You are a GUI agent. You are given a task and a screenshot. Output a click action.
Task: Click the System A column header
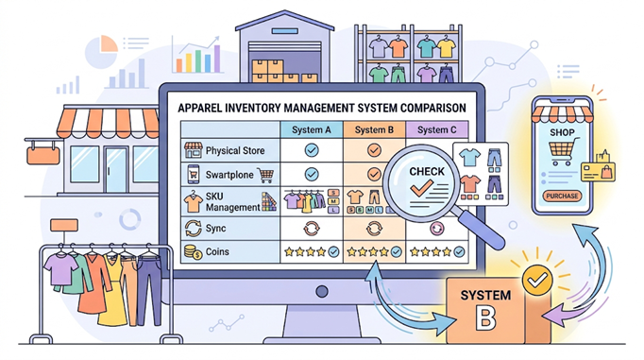point(312,129)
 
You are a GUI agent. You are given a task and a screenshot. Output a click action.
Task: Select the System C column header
point(437,129)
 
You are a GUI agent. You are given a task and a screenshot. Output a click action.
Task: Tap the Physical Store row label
point(235,151)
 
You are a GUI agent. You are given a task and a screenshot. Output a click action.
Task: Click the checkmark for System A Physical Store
point(312,150)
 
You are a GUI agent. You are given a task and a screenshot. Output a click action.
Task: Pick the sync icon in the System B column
point(374,229)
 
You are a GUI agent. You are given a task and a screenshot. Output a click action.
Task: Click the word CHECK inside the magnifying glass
point(427,171)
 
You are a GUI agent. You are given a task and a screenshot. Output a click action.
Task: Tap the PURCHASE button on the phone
point(562,196)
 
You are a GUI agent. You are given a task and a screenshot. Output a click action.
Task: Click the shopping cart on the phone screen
point(564,151)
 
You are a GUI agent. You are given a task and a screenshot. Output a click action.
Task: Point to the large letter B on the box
point(485,317)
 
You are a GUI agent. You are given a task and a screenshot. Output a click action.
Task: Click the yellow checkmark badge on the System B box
point(537,281)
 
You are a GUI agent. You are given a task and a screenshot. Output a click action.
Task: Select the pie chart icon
point(101,51)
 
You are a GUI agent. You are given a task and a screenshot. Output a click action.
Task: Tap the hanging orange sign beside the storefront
point(43,155)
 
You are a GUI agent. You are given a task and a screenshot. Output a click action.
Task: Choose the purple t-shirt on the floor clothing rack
point(60,269)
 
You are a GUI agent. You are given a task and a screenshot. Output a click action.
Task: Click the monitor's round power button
point(322,291)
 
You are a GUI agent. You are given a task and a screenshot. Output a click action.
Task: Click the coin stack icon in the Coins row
point(193,252)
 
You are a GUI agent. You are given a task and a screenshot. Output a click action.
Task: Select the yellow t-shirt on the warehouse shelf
point(446,47)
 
